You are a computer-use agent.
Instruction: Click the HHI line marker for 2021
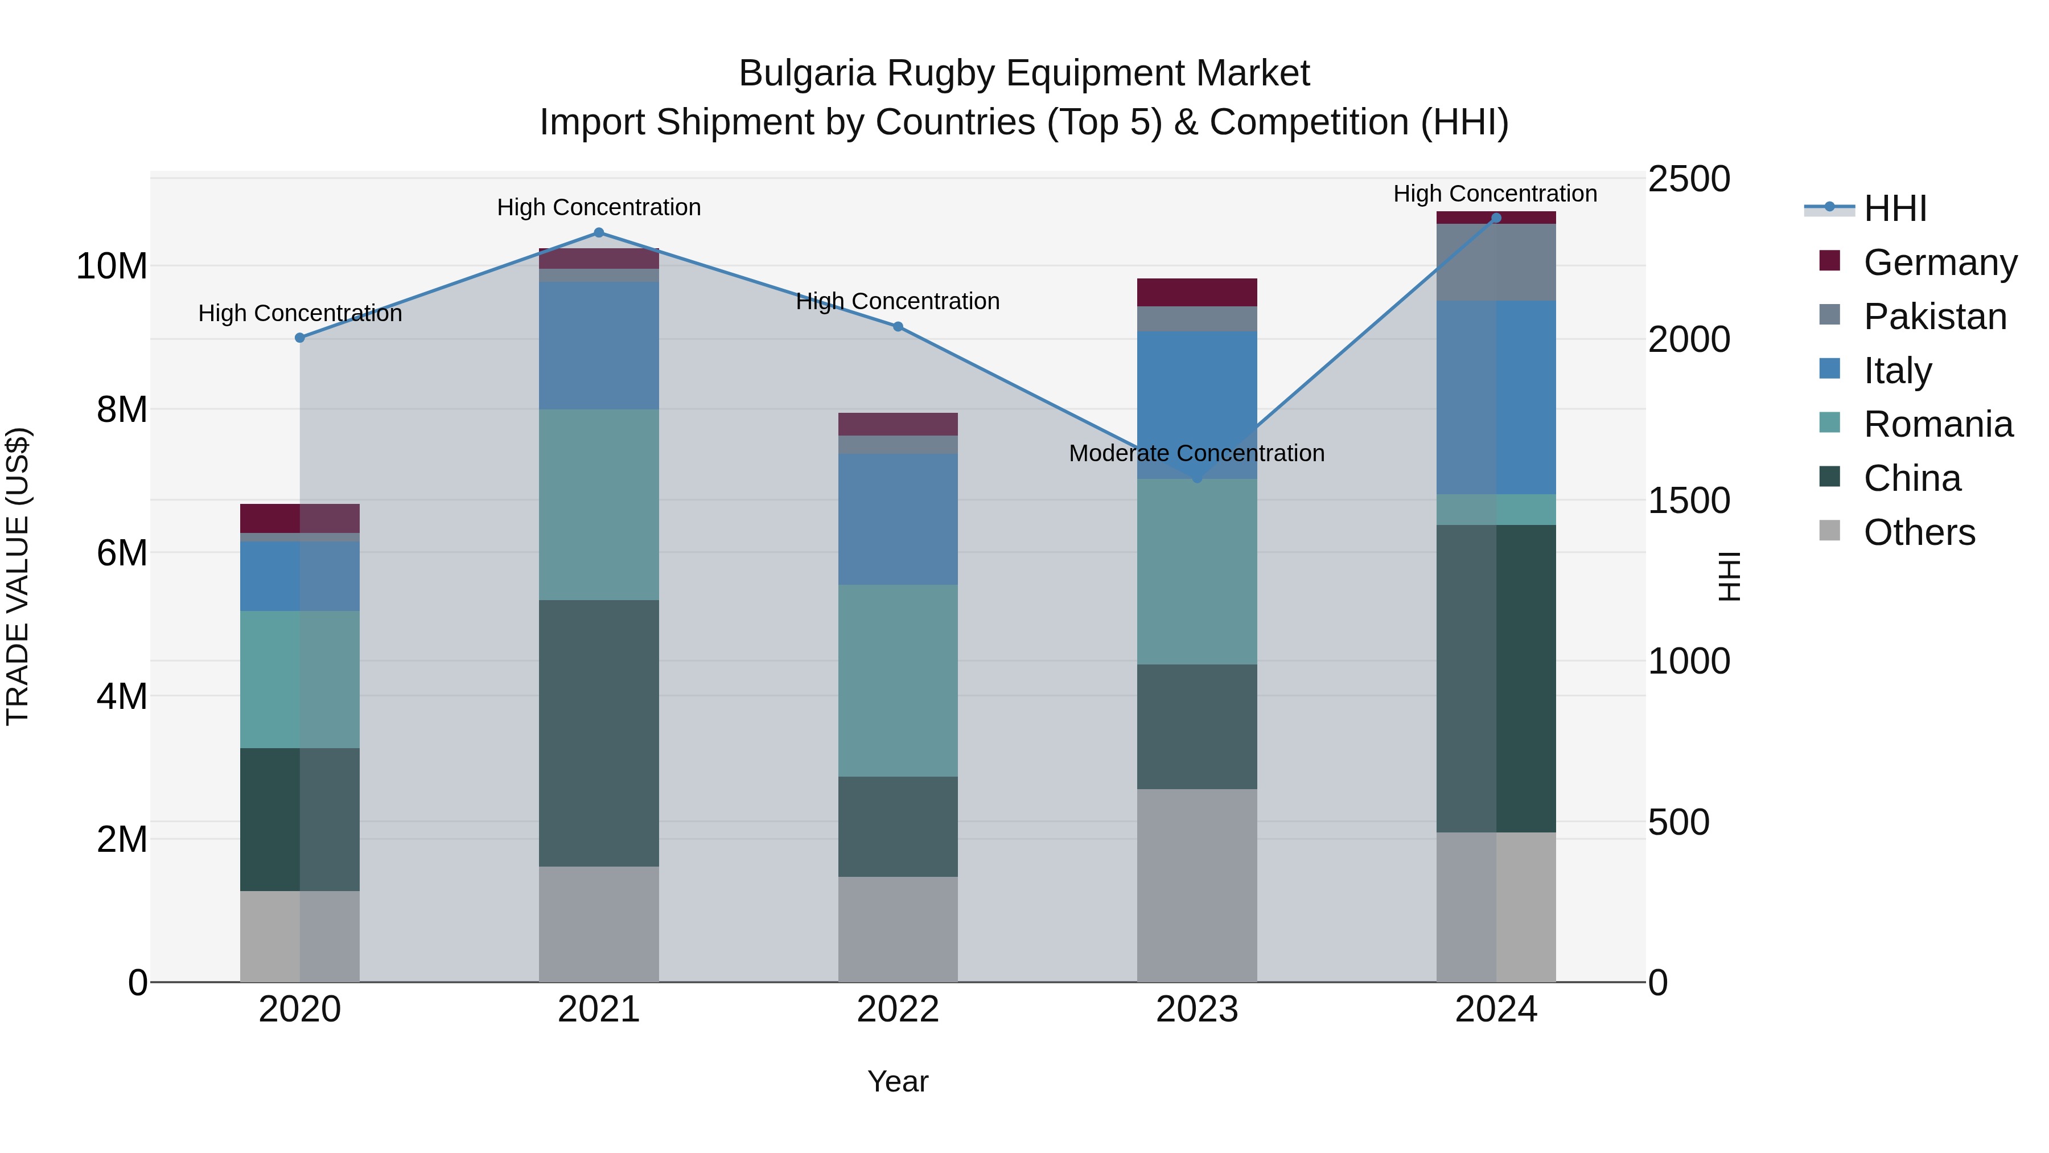[599, 232]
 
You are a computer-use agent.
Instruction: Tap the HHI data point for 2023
[1197, 478]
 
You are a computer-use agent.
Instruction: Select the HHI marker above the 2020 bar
[300, 338]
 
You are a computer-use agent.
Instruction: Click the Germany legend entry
[1939, 262]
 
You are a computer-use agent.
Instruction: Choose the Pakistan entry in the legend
[1935, 317]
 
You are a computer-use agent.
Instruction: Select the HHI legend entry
[1895, 208]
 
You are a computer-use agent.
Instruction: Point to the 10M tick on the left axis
[112, 266]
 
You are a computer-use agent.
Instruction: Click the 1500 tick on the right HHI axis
[1688, 500]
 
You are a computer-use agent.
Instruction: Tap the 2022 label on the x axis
[897, 1010]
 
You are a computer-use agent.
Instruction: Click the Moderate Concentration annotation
[1196, 454]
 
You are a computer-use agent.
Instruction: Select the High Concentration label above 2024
[1495, 194]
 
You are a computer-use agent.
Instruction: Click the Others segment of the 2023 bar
[1196, 885]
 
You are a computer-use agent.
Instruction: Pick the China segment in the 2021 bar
[599, 732]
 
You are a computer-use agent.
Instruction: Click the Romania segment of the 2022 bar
[897, 680]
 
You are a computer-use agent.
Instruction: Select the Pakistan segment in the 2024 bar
[1495, 262]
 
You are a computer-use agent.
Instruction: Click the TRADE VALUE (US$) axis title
[18, 576]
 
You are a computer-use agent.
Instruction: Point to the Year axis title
[897, 1081]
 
